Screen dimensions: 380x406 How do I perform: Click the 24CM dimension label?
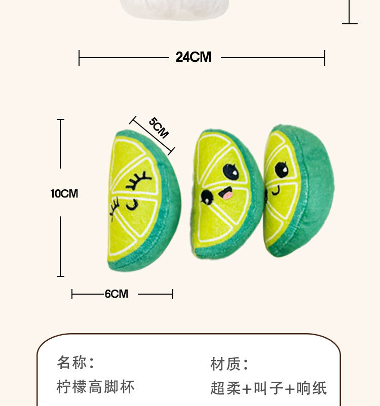(194, 57)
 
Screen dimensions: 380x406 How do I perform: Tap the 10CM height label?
(64, 193)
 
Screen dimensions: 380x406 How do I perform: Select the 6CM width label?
(117, 294)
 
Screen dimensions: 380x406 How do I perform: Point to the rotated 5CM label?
(159, 128)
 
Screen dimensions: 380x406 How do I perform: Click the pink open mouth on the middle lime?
(226, 193)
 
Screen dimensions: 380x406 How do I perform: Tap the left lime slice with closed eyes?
(143, 201)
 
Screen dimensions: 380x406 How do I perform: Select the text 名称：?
(76, 362)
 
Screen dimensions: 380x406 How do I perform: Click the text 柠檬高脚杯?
(96, 388)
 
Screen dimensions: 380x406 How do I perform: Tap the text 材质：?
(230, 363)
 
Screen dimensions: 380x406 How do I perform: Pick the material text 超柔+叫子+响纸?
(269, 388)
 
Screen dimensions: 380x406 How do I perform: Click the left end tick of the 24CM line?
(80, 58)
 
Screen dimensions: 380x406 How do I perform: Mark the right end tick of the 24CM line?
(324, 58)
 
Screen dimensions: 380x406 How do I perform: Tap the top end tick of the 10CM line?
(61, 120)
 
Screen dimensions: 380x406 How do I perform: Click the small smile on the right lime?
(276, 191)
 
